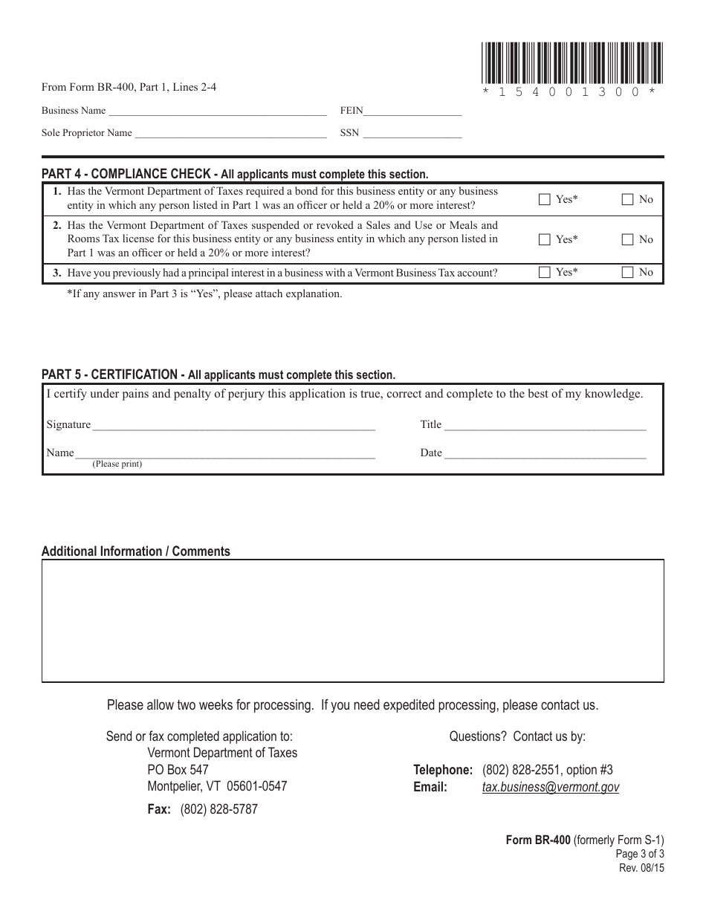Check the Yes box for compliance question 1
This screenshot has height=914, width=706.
click(x=545, y=199)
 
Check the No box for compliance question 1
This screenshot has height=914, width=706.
click(x=628, y=199)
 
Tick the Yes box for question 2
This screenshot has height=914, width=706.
click(x=545, y=239)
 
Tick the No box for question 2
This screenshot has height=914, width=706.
click(x=628, y=239)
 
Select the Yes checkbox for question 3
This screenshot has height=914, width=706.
click(x=545, y=273)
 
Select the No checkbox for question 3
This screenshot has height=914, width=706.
click(x=628, y=273)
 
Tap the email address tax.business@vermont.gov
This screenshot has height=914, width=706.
click(x=550, y=787)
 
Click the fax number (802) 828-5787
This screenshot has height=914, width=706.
click(x=218, y=809)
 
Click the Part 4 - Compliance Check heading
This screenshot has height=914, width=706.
click(x=126, y=174)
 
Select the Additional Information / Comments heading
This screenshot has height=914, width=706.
click(x=136, y=551)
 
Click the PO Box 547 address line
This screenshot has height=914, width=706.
click(x=178, y=770)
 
